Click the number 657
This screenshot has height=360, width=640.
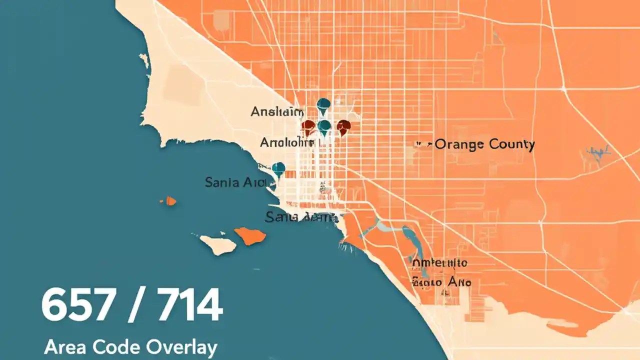(x=75, y=305)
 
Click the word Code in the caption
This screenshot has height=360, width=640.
(x=109, y=346)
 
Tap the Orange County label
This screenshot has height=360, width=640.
(x=484, y=145)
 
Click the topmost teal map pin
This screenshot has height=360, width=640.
(x=323, y=105)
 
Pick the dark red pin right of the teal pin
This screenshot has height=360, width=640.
(x=343, y=127)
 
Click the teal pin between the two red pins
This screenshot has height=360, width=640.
(x=324, y=127)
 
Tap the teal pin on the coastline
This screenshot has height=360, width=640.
(x=278, y=169)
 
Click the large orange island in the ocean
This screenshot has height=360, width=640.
(x=250, y=235)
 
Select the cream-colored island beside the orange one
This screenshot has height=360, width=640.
(x=218, y=244)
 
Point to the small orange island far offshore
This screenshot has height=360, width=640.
(x=169, y=201)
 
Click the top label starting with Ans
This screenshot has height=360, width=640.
(x=276, y=112)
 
